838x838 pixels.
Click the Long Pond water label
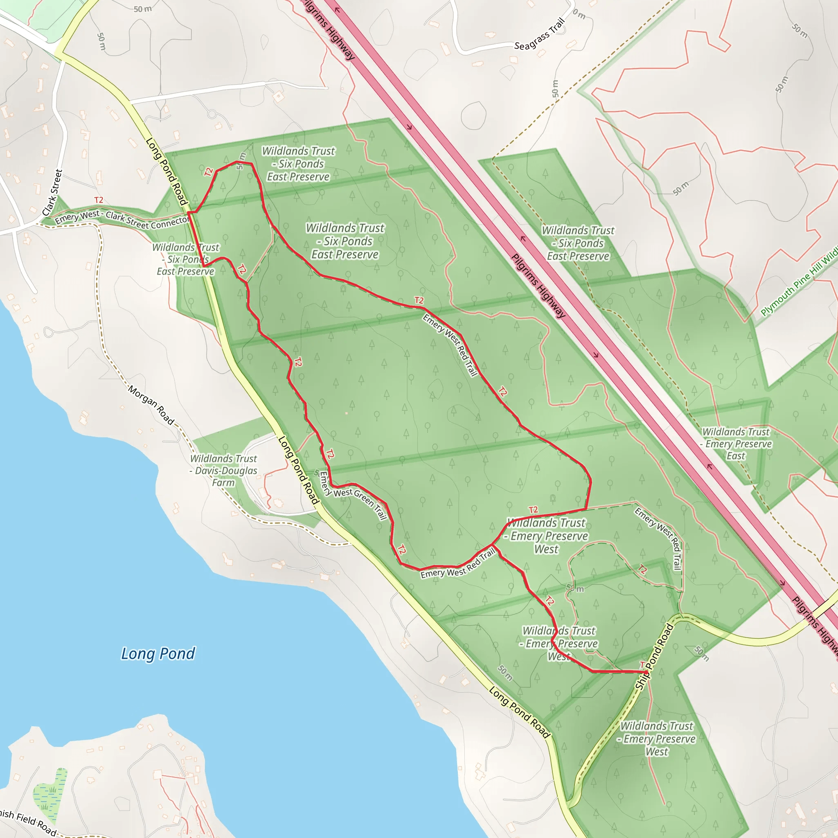point(158,653)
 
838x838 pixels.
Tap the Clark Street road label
point(52,193)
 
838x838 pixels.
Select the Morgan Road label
point(151,405)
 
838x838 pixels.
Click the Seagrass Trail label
point(540,34)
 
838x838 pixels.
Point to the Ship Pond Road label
point(654,657)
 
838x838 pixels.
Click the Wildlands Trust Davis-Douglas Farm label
point(223,470)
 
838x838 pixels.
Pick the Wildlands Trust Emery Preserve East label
point(737,444)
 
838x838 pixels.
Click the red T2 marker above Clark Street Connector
point(99,200)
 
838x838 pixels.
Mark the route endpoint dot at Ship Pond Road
point(646,673)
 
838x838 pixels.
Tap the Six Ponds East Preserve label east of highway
point(578,243)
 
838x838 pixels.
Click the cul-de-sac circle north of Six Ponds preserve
point(212,115)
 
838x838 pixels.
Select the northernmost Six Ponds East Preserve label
point(298,164)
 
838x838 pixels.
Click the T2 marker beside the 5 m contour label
point(209,172)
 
